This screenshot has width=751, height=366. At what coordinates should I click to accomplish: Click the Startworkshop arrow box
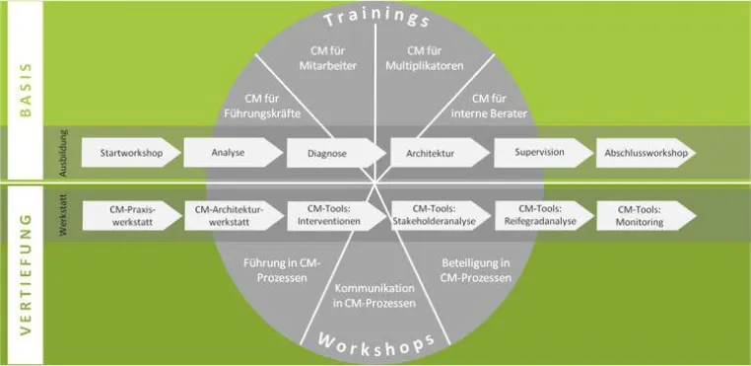pyautogui.click(x=131, y=153)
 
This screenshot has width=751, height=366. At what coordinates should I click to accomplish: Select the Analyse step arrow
pyautogui.click(x=234, y=153)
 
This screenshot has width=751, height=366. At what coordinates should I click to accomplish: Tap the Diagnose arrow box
pyautogui.click(x=336, y=153)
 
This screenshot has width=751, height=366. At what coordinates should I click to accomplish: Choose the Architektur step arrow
pyautogui.click(x=441, y=153)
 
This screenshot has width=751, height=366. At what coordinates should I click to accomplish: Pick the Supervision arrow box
pyautogui.click(x=544, y=153)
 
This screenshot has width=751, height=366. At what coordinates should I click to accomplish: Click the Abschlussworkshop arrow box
pyautogui.click(x=646, y=153)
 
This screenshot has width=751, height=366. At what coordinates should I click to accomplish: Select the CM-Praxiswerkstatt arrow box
pyautogui.click(x=132, y=216)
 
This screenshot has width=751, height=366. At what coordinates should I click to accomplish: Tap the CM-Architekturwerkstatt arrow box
pyautogui.click(x=235, y=216)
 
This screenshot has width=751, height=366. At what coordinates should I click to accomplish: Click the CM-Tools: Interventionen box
pyautogui.click(x=337, y=216)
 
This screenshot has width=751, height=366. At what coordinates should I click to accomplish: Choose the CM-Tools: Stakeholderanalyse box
pyautogui.click(x=442, y=216)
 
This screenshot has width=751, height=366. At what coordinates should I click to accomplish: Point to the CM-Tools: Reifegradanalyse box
pyautogui.click(x=545, y=216)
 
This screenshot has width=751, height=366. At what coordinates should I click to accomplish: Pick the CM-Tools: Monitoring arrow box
pyautogui.click(x=647, y=216)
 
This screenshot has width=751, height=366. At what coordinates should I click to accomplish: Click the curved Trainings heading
pyautogui.click(x=375, y=18)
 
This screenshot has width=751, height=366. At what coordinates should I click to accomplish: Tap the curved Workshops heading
pyautogui.click(x=375, y=344)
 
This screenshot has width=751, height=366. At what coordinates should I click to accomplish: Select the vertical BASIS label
pyautogui.click(x=26, y=90)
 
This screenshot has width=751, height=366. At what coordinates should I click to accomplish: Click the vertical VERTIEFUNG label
pyautogui.click(x=26, y=274)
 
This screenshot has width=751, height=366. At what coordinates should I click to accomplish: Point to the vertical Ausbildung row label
pyautogui.click(x=63, y=153)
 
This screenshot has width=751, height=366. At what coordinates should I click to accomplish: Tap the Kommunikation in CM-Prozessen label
pyautogui.click(x=375, y=296)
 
